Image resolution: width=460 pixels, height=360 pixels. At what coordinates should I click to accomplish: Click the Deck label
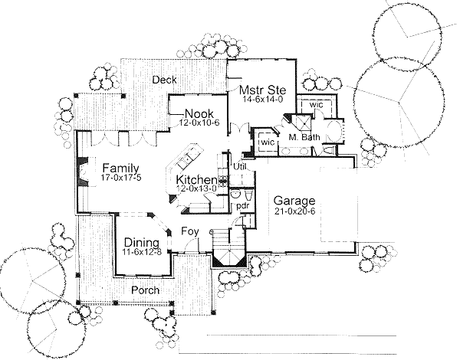(164, 80)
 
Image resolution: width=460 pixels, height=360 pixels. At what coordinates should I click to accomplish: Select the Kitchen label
(196, 180)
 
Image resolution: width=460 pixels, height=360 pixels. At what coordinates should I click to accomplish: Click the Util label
(239, 166)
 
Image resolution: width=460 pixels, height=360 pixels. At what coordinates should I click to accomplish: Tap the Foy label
(189, 231)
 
